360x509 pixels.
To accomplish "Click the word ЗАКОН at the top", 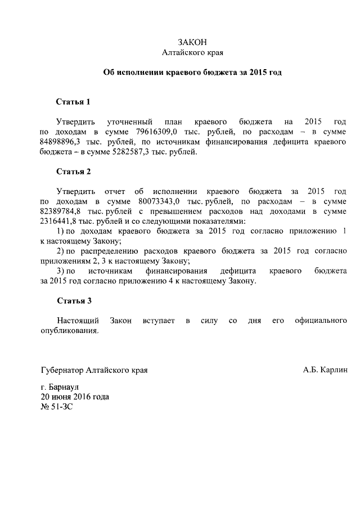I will click(x=192, y=42).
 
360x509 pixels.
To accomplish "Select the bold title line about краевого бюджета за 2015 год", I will click(x=192, y=73).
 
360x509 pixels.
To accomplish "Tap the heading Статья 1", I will click(x=73, y=102).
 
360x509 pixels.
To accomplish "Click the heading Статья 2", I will click(x=73, y=171).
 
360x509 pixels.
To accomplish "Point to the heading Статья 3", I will click(x=73, y=300).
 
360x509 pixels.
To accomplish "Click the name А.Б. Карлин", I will click(x=325, y=370).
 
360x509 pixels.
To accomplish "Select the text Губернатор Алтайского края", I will click(x=94, y=370).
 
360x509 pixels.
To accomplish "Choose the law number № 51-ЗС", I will click(x=57, y=406).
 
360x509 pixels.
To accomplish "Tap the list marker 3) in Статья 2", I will click(x=62, y=271).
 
